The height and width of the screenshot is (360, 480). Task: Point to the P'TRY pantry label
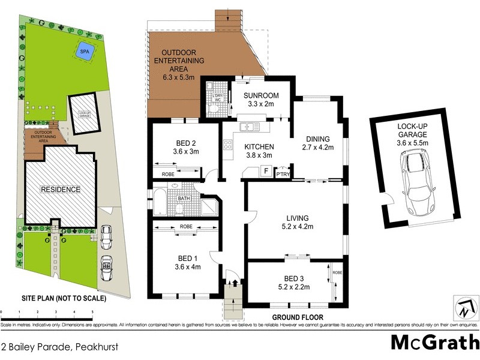[282, 175]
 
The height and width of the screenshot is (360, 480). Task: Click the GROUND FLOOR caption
[298, 317]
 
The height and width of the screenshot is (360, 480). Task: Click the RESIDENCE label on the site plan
[60, 190]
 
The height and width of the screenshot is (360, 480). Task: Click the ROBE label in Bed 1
[185, 227]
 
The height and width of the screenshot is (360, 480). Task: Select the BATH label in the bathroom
[184, 198]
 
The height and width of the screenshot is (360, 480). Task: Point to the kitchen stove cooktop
[228, 144]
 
